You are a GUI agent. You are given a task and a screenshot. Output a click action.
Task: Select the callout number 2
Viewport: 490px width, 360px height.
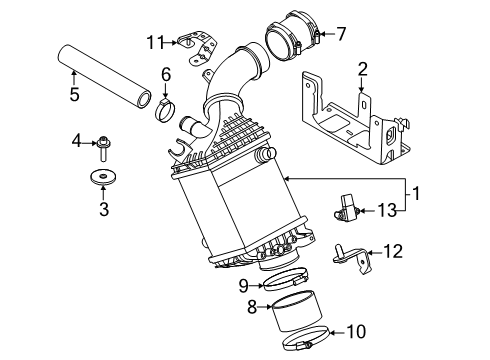362,69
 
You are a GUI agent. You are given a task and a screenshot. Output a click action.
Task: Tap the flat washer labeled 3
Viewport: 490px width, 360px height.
103,180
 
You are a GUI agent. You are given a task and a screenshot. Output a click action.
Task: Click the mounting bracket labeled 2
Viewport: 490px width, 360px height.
350,125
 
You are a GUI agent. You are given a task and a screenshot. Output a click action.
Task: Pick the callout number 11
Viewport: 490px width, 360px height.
153,41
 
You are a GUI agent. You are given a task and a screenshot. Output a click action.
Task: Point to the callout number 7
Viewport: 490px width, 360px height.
340,35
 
